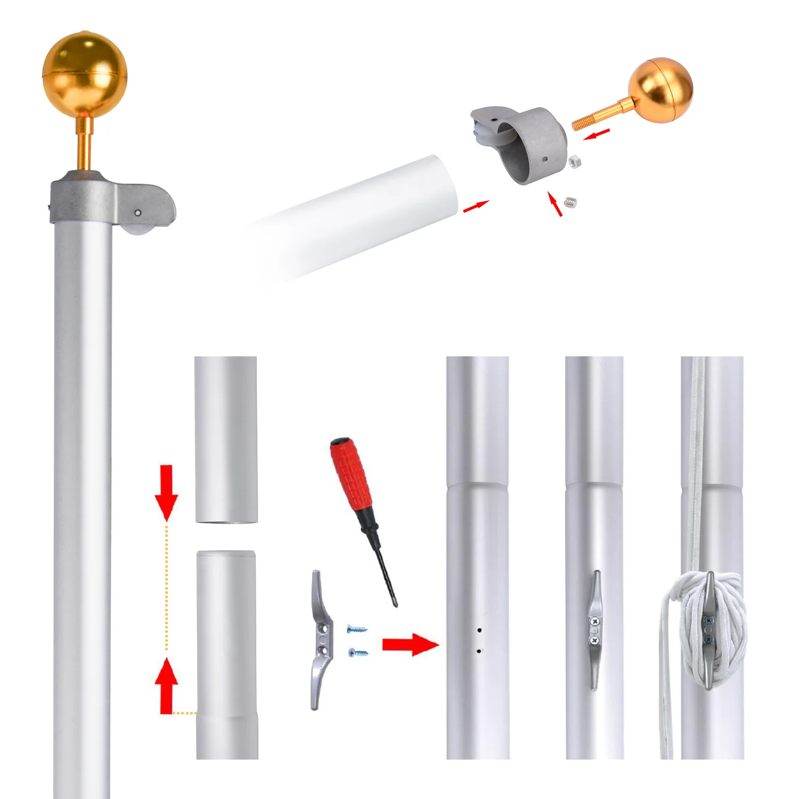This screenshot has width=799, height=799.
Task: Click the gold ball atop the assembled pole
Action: point(85,73)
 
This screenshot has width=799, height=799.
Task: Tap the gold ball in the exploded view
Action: point(661,90)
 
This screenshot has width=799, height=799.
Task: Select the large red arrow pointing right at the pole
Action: point(410,645)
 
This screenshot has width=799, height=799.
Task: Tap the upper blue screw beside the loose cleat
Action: point(357,629)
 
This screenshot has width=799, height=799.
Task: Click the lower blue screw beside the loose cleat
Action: point(358,652)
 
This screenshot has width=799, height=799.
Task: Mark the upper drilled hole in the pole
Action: point(479,630)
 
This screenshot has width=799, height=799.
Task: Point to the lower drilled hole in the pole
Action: point(479,651)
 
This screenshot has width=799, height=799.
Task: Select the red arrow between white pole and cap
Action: point(476,207)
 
